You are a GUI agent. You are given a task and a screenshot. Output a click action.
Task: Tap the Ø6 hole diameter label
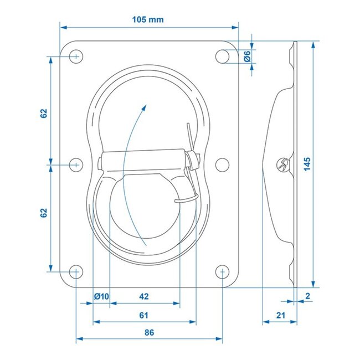coord(247,55)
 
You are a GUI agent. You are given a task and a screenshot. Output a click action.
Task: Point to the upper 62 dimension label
coord(44,113)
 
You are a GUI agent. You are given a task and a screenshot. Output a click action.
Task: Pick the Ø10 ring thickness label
coord(101,296)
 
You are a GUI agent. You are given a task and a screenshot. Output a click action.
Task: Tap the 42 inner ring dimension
coord(144,296)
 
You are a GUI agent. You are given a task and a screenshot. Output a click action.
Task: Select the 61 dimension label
coord(144,315)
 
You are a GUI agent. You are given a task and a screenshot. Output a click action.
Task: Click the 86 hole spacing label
coord(148,332)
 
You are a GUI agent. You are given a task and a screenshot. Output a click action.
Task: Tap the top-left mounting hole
coord(76,56)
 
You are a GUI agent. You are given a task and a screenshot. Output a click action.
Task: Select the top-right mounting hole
coord(222,56)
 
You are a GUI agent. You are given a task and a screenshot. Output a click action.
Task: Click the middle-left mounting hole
coord(76,164)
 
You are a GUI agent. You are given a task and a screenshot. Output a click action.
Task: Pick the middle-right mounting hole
coord(222,164)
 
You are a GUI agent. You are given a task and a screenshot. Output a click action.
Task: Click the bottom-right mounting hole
coord(222,271)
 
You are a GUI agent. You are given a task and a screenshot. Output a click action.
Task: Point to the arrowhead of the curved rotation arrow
coord(145,105)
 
